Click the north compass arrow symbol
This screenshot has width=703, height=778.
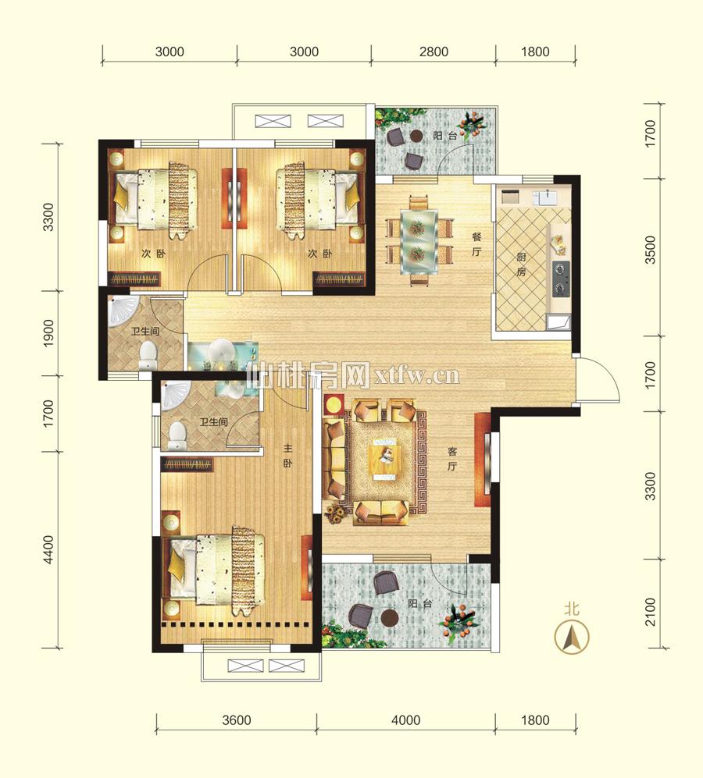pyautogui.click(x=571, y=636)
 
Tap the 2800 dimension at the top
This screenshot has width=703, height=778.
pyautogui.click(x=434, y=52)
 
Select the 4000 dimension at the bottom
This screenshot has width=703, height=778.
pyautogui.click(x=405, y=720)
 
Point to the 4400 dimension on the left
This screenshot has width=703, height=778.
pyautogui.click(x=48, y=549)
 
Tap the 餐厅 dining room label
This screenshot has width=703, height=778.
pyautogui.click(x=476, y=244)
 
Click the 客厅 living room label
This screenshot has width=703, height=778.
pyautogui.click(x=452, y=459)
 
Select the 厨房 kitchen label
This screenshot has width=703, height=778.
pyautogui.click(x=521, y=264)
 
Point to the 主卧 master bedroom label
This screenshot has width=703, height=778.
pyautogui.click(x=288, y=456)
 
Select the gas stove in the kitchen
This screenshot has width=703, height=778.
pyautogui.click(x=561, y=279)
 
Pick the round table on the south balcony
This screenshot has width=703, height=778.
pyautogui.click(x=390, y=618)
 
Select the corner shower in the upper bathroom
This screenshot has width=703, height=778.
pyautogui.click(x=121, y=312)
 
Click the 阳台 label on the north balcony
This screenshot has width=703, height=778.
pyautogui.click(x=444, y=136)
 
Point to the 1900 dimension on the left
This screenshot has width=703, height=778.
pyautogui.click(x=48, y=333)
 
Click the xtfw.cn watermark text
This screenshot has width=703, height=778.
pyautogui.click(x=417, y=376)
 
